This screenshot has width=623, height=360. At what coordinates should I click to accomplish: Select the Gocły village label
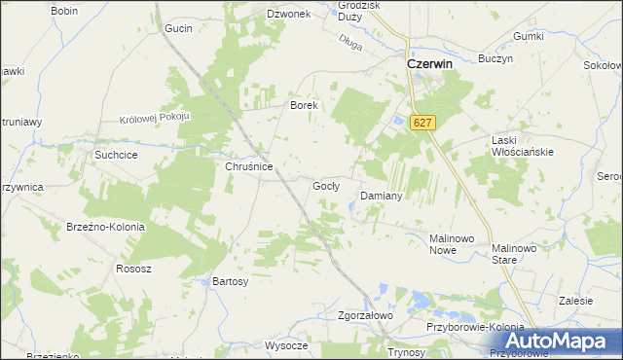[325, 185]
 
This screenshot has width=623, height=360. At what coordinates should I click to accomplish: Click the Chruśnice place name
[248, 166]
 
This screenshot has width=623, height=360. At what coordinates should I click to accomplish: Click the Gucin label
[178, 28]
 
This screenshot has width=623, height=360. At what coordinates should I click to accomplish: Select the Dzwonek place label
[288, 14]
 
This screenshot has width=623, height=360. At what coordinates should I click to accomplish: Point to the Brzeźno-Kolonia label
[105, 227]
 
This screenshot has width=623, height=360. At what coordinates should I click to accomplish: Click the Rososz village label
[132, 269]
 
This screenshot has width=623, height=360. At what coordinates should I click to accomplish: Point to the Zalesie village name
[576, 301]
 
